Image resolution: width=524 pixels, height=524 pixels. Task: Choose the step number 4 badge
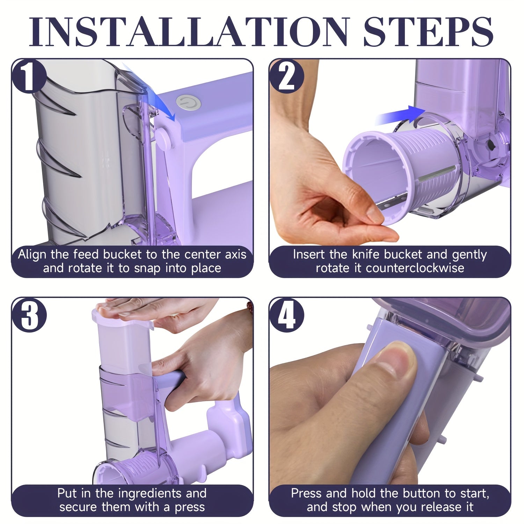(x=286, y=315)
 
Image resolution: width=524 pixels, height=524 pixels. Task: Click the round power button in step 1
(x=184, y=103)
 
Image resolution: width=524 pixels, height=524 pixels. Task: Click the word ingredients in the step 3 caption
(x=150, y=494)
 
